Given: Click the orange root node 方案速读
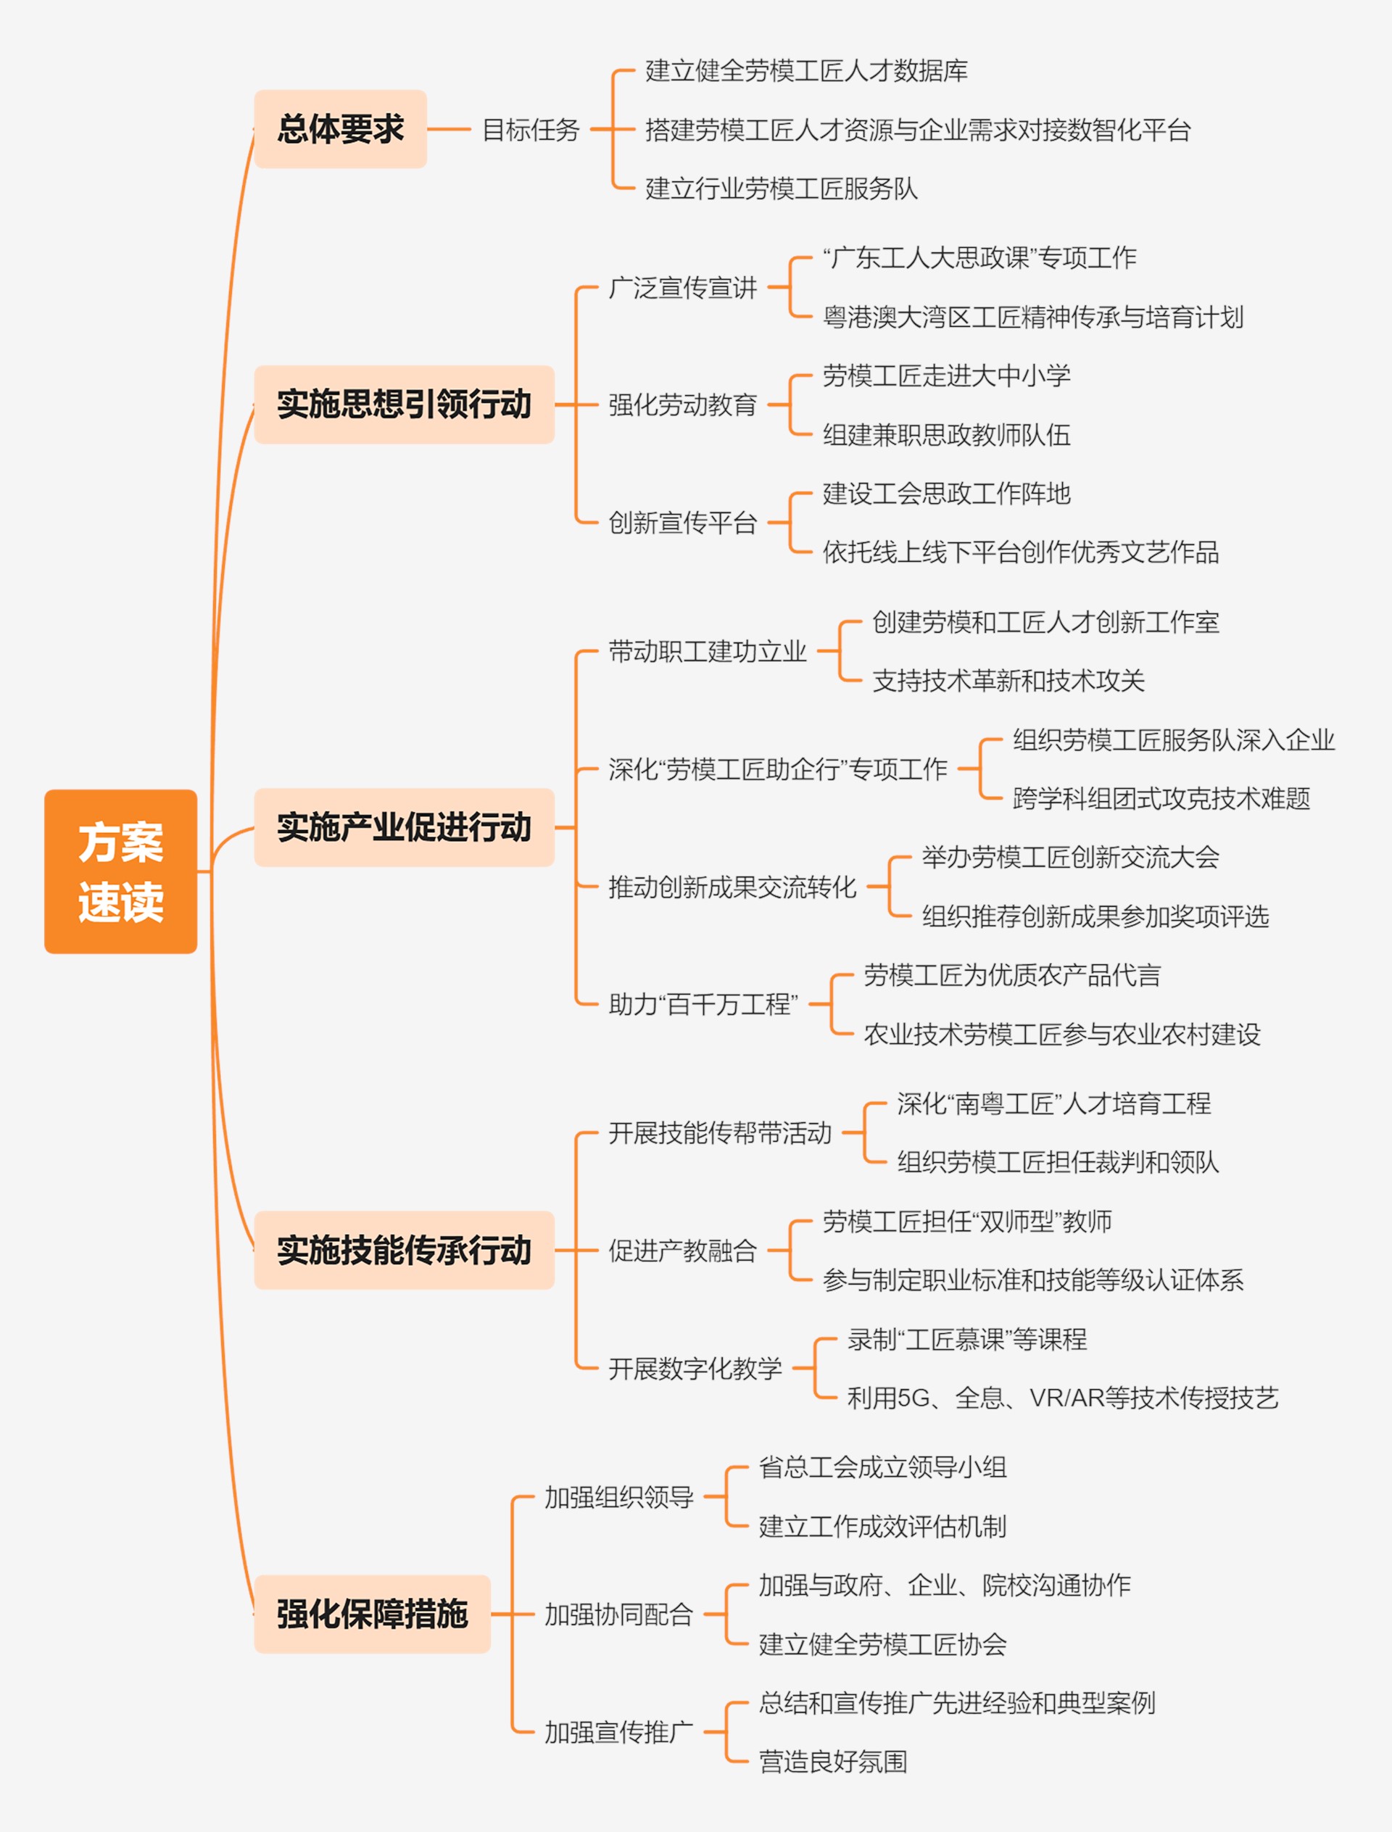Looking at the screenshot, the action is click(x=121, y=871).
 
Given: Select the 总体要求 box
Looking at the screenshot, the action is click(x=341, y=129).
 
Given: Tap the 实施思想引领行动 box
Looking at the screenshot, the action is click(x=405, y=405).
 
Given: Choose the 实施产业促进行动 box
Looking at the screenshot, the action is click(x=405, y=827).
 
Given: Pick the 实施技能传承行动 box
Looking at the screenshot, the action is click(x=405, y=1250).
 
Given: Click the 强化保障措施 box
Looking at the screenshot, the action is click(x=373, y=1614).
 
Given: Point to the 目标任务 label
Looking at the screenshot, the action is click(x=531, y=130).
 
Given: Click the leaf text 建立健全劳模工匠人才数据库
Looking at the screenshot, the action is click(x=806, y=71).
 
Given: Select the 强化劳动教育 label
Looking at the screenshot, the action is click(x=683, y=405).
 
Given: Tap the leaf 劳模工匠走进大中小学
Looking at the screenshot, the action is click(x=946, y=376).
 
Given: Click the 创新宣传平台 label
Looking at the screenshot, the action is click(x=683, y=523).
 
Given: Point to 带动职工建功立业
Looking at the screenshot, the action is click(x=708, y=651).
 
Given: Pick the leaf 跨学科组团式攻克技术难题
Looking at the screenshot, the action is click(x=1161, y=798).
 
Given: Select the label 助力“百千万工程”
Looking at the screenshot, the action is click(x=703, y=1004).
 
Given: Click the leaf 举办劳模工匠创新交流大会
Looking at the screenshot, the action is click(x=1071, y=857).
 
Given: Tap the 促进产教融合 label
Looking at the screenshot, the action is click(x=683, y=1251).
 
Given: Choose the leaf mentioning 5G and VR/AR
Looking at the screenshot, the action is click(x=1063, y=1398).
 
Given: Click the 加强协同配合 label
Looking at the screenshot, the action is click(x=619, y=1614).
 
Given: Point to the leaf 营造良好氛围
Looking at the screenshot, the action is click(x=833, y=1762).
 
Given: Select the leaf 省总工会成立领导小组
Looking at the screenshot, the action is click(x=882, y=1467).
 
